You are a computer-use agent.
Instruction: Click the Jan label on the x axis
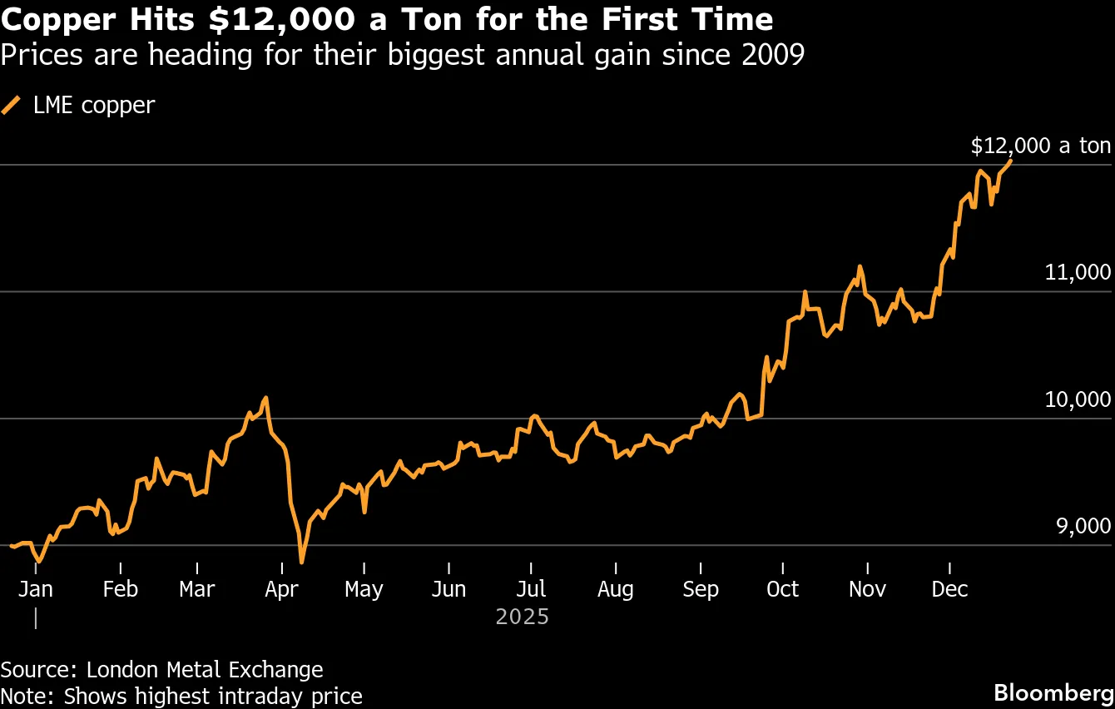click(35, 589)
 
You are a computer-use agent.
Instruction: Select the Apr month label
click(282, 589)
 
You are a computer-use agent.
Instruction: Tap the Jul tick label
click(531, 589)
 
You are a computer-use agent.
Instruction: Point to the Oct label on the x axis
click(782, 589)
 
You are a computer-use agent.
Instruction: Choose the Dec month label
click(949, 589)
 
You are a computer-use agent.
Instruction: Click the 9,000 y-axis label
click(1078, 526)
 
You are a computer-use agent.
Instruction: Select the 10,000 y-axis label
click(1078, 399)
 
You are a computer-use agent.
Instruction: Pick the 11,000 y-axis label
click(1078, 272)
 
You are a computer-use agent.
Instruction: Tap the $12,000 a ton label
click(1040, 146)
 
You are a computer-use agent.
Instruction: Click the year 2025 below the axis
click(523, 617)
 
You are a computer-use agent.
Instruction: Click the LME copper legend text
click(94, 106)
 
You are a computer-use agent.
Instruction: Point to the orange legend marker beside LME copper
click(12, 105)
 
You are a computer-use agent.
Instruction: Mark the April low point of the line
click(301, 563)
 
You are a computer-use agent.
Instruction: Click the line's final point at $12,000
click(1010, 161)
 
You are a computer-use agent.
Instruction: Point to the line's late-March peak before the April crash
click(265, 398)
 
